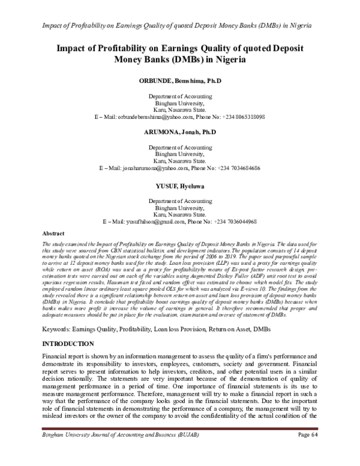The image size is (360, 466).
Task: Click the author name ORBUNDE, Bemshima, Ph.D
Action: click(179, 80)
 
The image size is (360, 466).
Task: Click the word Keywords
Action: click(56, 313)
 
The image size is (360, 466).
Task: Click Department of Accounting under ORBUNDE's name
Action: click(179, 96)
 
